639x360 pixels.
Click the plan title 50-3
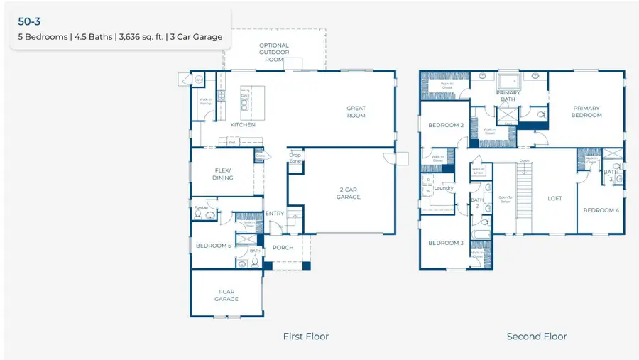29,21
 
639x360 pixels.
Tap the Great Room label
356,112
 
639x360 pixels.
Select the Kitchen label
243,125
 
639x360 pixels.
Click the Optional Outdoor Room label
274,53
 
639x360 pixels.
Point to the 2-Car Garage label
349,192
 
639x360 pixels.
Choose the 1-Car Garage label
226,295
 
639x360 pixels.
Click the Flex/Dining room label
223,174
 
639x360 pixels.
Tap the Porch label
283,248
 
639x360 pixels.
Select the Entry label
274,214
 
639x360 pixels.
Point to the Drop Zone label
295,158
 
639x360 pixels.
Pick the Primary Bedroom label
586,111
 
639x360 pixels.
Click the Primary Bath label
508,96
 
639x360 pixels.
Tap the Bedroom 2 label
445,125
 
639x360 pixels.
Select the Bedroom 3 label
445,243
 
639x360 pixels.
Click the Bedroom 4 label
601,210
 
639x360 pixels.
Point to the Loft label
555,198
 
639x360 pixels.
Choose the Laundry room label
444,188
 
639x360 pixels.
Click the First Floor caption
306,337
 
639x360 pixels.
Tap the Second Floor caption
536,337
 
